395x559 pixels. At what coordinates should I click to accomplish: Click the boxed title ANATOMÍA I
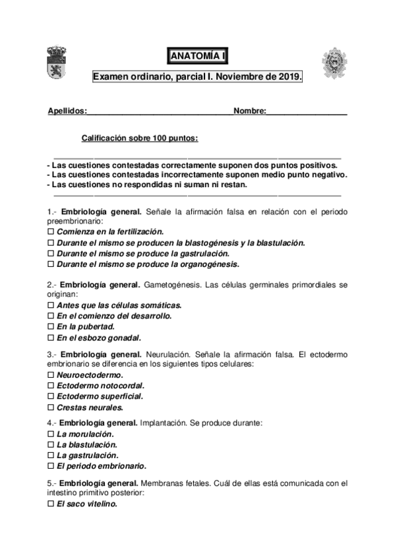197,57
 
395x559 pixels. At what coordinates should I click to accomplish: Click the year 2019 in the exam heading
289,77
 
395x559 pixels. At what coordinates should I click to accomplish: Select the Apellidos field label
67,111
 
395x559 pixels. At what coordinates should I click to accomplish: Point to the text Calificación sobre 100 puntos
139,138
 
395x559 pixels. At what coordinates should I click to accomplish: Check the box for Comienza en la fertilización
51,232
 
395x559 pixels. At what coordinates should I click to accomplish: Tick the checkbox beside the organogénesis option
51,264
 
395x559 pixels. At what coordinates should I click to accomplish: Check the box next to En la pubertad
51,326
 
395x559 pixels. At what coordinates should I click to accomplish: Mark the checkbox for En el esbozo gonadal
51,337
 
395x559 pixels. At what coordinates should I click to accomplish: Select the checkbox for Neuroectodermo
51,375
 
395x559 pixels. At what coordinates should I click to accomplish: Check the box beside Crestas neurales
51,407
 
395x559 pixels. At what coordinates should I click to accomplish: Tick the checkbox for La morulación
51,434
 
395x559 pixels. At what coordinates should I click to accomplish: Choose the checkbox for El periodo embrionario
51,465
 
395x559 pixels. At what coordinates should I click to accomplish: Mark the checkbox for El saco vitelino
51,504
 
